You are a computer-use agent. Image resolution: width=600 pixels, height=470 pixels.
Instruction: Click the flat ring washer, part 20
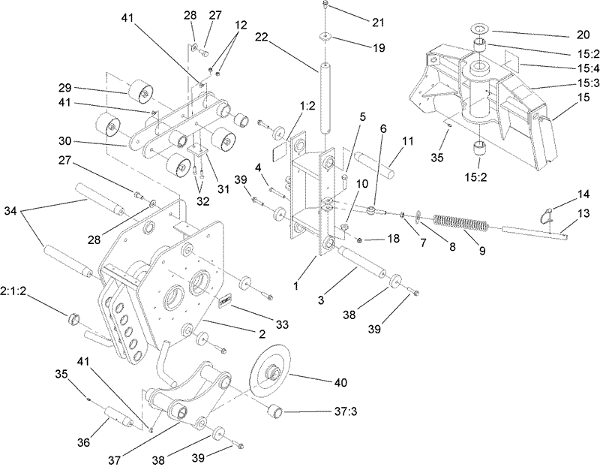tap(480, 32)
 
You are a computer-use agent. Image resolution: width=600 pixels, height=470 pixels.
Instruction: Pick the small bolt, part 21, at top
tap(324, 6)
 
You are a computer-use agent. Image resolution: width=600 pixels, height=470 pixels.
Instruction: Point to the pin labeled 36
tap(115, 414)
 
